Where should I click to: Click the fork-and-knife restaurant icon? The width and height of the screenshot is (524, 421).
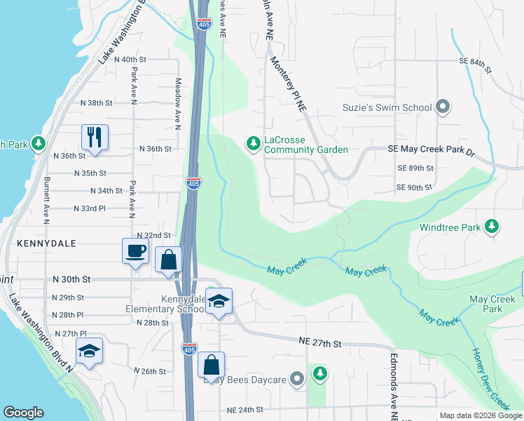click(x=95, y=136)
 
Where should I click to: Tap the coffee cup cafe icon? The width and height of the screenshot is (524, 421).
click(x=135, y=250)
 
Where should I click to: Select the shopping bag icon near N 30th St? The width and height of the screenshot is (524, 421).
click(x=168, y=259)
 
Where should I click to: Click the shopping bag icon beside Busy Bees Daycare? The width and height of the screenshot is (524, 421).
click(x=211, y=364)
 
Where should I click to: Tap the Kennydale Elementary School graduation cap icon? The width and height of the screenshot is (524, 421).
click(x=219, y=302)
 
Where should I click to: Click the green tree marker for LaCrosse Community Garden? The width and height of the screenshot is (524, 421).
click(x=253, y=144)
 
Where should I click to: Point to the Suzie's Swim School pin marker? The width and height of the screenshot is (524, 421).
click(x=442, y=107)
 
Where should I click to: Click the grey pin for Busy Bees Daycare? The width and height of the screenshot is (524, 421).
click(x=297, y=380)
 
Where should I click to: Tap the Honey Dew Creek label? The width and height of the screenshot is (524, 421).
click(x=491, y=379)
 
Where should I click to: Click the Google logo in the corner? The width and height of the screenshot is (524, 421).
click(x=23, y=413)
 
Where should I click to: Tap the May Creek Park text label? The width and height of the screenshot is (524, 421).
click(x=492, y=304)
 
